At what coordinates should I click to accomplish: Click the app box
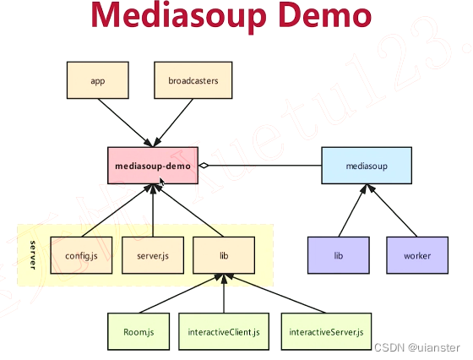(97, 82)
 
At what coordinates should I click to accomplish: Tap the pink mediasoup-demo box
(152, 166)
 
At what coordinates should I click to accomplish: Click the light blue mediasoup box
(367, 166)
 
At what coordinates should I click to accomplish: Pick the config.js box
(82, 255)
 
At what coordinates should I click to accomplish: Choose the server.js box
(152, 255)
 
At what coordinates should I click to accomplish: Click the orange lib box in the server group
(224, 255)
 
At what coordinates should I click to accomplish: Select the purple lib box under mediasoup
(338, 255)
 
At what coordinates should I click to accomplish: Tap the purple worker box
(417, 255)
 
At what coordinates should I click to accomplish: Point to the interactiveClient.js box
(224, 333)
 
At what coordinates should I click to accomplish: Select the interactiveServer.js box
(326, 333)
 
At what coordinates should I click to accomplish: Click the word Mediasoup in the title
(169, 17)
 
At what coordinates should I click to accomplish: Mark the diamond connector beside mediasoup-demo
(204, 166)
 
